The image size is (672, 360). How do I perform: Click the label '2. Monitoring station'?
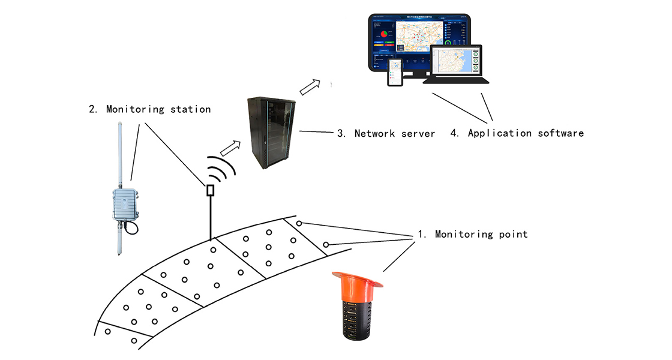click(x=149, y=109)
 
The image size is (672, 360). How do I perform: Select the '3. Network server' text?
click(x=385, y=133)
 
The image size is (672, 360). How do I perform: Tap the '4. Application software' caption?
click(x=517, y=133)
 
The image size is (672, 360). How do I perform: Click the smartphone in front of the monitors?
click(x=395, y=72)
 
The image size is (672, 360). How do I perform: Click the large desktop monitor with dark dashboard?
click(x=419, y=41)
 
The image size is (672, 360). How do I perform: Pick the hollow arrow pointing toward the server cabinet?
click(x=231, y=146)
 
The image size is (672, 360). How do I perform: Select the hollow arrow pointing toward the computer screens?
click(x=310, y=87)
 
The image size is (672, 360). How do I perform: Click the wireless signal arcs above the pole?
click(x=223, y=169)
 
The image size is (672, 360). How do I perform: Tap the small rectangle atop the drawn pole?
click(x=210, y=190)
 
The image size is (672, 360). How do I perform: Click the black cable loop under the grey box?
click(x=132, y=228)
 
